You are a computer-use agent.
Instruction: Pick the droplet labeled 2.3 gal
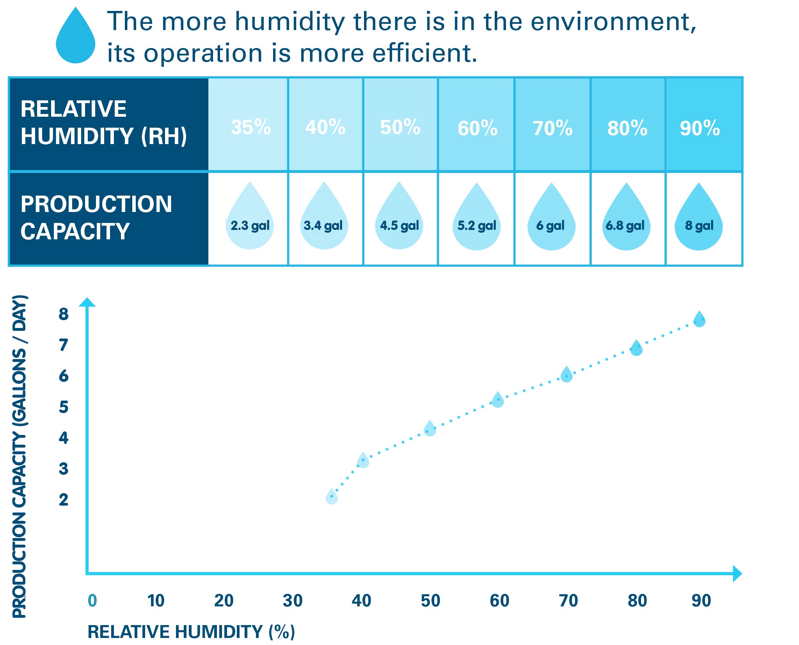[250, 221]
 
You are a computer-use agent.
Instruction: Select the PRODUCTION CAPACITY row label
[96, 217]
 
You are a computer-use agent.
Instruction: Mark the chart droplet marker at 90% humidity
[699, 319]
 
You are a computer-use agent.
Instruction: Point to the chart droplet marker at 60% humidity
[498, 400]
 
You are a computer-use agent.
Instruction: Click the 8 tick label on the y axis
[64, 314]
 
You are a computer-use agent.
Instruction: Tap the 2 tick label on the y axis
[64, 500]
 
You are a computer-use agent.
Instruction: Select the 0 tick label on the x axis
[92, 600]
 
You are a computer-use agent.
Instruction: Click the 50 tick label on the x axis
[430, 600]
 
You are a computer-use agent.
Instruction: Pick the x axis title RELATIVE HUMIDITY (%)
[191, 632]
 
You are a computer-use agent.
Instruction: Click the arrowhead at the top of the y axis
[87, 303]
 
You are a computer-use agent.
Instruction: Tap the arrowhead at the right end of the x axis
[737, 574]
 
